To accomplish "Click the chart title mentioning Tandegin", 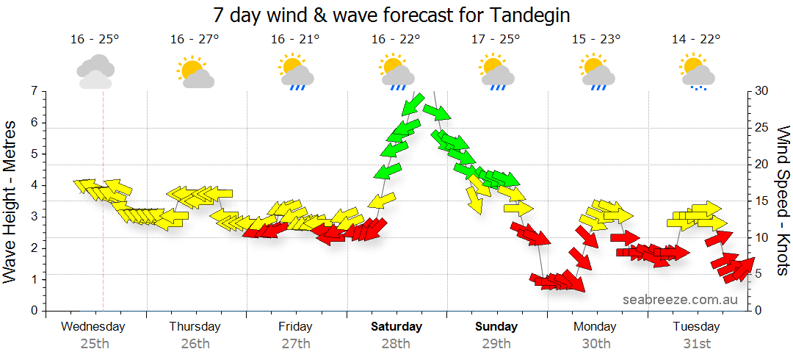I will pyautogui.click(x=391, y=15).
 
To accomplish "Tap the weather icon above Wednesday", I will pyautogui.click(x=95, y=71).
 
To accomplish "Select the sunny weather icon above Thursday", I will pyautogui.click(x=195, y=71).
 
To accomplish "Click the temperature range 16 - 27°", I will pyautogui.click(x=195, y=40).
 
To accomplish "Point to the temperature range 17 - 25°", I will pyautogui.click(x=496, y=40).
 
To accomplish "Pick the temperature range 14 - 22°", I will pyautogui.click(x=695, y=40).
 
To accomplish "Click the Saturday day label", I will pyautogui.click(x=396, y=326).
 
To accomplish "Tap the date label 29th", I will pyautogui.click(x=496, y=344).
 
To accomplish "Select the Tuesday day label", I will pyautogui.click(x=696, y=326).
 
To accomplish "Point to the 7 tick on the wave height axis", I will pyautogui.click(x=34, y=91).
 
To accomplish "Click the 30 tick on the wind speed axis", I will pyautogui.click(x=762, y=91).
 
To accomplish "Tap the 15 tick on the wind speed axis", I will pyautogui.click(x=762, y=201).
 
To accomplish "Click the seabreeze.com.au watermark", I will pyautogui.click(x=679, y=299).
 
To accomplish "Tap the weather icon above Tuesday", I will pyautogui.click(x=696, y=73).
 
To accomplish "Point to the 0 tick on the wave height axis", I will pyautogui.click(x=34, y=310).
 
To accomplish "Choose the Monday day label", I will pyautogui.click(x=595, y=326).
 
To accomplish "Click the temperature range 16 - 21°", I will pyautogui.click(x=295, y=40).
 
